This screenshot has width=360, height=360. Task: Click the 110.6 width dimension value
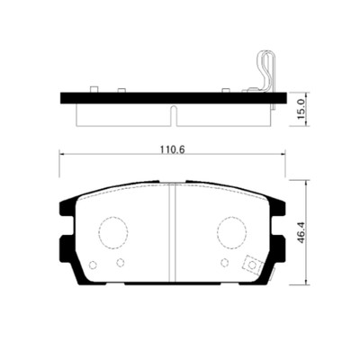point(172,149)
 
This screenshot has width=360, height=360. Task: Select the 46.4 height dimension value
point(301,232)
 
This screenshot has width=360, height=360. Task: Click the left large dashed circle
point(113,232)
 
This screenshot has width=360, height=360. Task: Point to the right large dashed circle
point(232,232)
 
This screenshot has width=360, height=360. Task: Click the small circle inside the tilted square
point(253,265)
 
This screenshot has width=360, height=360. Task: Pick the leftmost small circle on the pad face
point(93,265)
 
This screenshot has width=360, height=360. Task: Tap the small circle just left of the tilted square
point(224,263)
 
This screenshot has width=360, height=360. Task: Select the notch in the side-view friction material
point(173,115)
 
